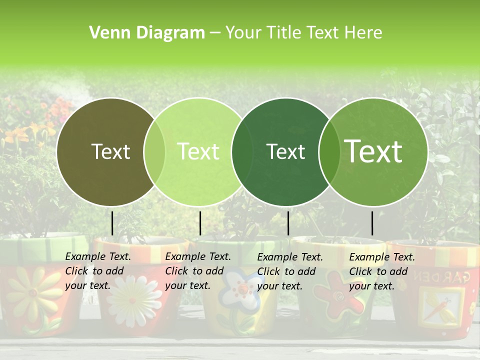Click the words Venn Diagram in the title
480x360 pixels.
click(147, 33)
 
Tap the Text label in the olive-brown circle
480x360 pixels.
click(110, 152)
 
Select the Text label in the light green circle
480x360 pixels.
click(198, 152)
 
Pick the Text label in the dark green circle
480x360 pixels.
click(285, 152)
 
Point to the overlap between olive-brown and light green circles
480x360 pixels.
click(154, 152)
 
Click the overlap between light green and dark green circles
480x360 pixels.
click(242, 152)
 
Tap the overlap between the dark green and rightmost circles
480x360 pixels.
click(328, 152)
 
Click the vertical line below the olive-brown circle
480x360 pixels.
click(112, 223)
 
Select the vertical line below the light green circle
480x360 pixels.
click(200, 223)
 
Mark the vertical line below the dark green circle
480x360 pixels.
click(288, 223)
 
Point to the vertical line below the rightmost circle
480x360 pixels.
click(372, 223)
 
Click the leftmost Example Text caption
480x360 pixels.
click(98, 271)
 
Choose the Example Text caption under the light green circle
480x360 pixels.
click(198, 271)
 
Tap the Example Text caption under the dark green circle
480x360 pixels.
click(290, 271)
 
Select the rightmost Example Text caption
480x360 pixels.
click(382, 271)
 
